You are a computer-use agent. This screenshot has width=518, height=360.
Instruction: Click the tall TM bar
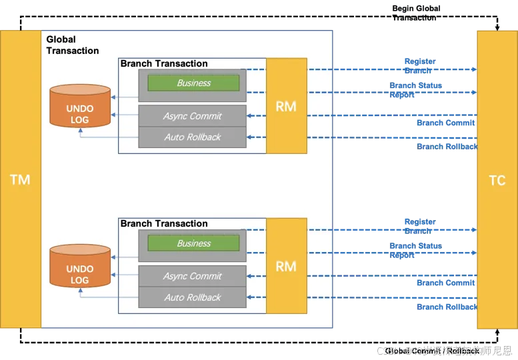click(x=20, y=179)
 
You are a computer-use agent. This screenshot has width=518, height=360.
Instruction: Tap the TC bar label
click(x=497, y=181)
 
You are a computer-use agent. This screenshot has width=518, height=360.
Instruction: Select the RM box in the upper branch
click(x=286, y=106)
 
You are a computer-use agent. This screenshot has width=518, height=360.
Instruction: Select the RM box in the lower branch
click(x=286, y=266)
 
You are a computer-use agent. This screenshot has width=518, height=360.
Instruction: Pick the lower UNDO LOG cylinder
click(x=80, y=267)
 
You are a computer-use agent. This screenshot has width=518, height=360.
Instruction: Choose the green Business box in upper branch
click(x=193, y=83)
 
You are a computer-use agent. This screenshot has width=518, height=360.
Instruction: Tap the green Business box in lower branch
click(x=193, y=243)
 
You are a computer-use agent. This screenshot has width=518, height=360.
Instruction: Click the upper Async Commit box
click(x=192, y=116)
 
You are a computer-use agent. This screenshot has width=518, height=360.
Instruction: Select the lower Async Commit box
click(x=192, y=276)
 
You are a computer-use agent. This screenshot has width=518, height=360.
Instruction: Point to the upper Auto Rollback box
click(x=192, y=137)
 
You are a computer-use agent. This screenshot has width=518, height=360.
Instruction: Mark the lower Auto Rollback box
click(x=192, y=297)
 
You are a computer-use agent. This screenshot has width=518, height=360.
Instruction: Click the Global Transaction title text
click(x=72, y=45)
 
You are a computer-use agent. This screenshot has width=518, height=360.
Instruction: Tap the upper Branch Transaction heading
click(x=164, y=64)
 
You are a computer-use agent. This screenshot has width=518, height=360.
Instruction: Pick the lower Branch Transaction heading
click(x=164, y=224)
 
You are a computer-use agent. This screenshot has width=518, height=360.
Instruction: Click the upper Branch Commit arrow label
click(x=445, y=123)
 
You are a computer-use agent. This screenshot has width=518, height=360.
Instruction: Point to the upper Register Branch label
click(x=419, y=66)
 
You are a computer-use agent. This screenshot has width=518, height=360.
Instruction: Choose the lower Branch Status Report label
click(x=415, y=250)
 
